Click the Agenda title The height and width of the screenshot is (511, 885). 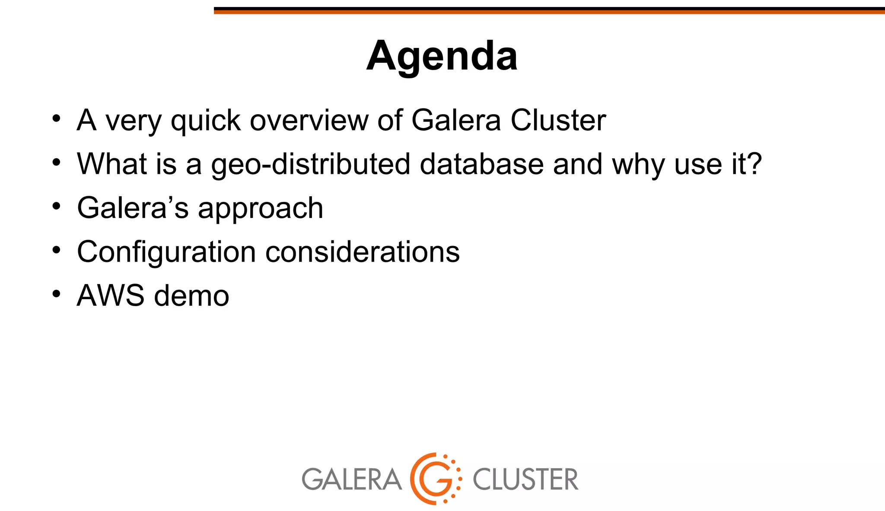[442, 56]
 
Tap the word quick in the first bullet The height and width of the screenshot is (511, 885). [206, 121]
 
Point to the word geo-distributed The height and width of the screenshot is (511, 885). [310, 165]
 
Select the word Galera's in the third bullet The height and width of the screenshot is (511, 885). [133, 208]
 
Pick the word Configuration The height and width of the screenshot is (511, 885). [166, 252]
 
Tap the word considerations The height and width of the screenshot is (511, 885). [362, 252]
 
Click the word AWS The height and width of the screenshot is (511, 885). [111, 296]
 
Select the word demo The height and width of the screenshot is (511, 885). [191, 296]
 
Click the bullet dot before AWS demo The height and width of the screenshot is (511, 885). [56, 294]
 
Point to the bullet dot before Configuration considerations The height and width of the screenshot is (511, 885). [56, 250]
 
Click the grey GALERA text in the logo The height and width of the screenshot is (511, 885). [351, 479]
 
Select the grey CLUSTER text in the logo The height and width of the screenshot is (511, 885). [525, 479]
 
